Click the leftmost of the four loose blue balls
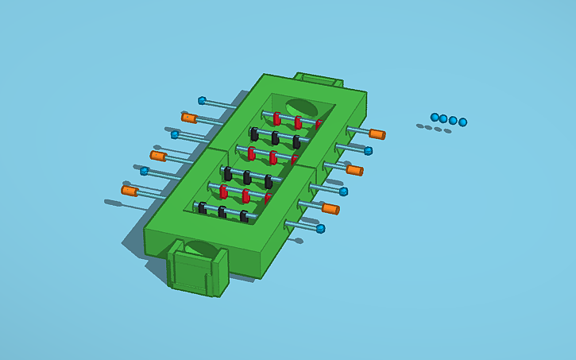pos(435,117)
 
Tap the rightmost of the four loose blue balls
pos(463,122)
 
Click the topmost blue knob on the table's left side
pos(202,101)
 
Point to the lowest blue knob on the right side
pos(320,229)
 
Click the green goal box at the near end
pos(196,271)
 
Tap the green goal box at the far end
pos(320,80)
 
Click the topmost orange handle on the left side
pos(189,118)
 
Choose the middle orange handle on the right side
pos(354,170)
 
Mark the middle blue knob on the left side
pos(175,135)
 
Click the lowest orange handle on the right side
pos(331,209)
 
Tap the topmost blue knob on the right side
pos(368,150)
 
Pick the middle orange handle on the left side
pos(158,156)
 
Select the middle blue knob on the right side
pos(343,192)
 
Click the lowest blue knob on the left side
pos(144,171)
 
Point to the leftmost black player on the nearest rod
pos(203,208)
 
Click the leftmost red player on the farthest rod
pos(276,119)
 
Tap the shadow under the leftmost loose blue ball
pos(420,126)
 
